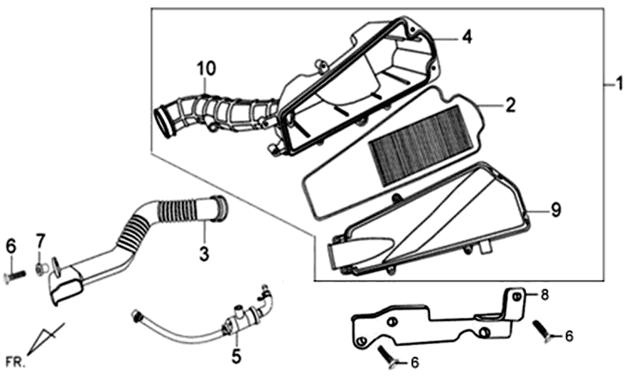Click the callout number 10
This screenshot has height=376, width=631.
207,69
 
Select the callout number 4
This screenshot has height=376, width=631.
466,37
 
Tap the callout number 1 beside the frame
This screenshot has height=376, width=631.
619,84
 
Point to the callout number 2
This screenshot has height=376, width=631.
510,106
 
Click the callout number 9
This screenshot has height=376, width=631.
556,210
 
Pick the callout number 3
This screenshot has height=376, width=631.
204,253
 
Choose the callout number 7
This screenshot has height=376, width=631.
40,241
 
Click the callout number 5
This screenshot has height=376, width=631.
236,356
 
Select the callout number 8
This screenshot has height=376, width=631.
544,295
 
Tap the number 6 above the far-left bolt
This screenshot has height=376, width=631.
10,246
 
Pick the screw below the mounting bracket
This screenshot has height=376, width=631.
387,354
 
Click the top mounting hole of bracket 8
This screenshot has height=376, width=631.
517,296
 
